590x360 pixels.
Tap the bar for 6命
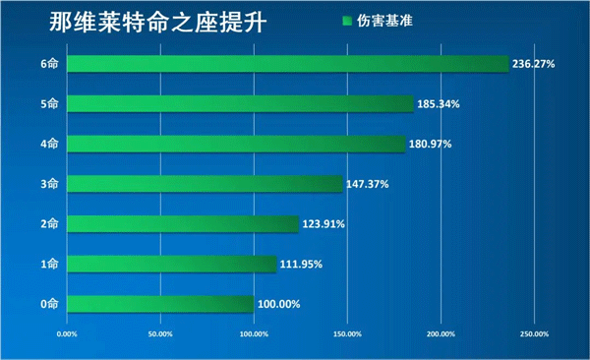287,63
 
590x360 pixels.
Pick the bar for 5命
240,103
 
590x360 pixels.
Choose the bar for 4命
236,144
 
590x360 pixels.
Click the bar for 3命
205,184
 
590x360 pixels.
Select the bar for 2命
182,224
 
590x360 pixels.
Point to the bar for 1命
171,264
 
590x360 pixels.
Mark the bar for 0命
160,304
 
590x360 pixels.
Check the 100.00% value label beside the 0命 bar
279,304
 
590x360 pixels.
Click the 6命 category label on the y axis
49,64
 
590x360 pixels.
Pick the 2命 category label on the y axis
49,224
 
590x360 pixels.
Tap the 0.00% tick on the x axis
67,334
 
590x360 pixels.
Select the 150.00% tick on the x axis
347,334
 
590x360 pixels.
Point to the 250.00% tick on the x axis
534,334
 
